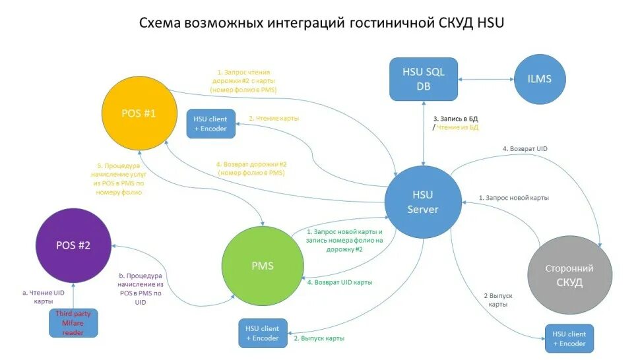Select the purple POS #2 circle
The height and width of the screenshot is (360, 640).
coord(73,245)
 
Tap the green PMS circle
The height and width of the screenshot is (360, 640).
coord(262,266)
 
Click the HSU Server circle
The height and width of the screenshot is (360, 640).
coord(422,202)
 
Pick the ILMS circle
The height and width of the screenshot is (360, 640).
coord(540,79)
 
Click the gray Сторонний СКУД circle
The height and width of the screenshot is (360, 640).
coord(568,276)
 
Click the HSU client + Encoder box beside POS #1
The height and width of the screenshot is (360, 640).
coord(210,123)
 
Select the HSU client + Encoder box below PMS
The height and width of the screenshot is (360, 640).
coord(263,333)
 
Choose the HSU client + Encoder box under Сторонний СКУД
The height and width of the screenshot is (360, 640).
coord(569,338)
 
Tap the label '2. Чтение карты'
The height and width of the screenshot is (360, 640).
coord(273,118)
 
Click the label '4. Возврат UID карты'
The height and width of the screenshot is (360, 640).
coord(339,282)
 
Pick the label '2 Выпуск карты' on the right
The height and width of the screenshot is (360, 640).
coord(497,300)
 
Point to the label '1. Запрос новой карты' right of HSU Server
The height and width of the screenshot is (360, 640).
coord(514,197)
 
